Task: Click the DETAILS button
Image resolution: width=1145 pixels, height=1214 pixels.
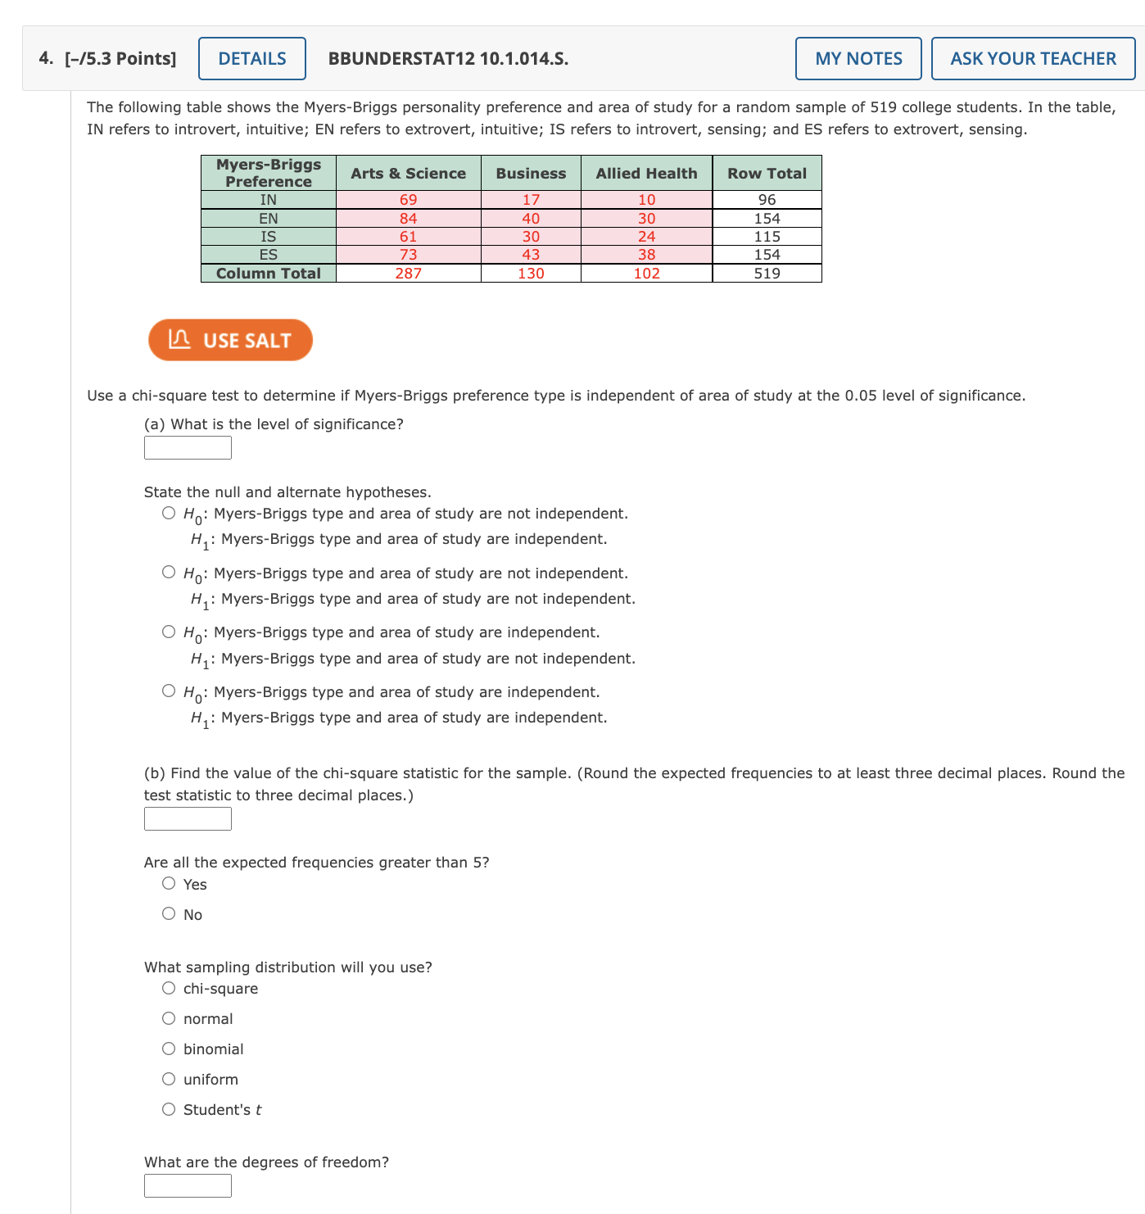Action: [x=252, y=59]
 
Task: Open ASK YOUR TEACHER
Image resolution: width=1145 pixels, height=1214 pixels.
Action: [x=1033, y=59]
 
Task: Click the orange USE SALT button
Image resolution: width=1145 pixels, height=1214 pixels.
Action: [x=230, y=340]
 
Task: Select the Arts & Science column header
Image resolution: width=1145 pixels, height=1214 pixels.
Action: [x=408, y=173]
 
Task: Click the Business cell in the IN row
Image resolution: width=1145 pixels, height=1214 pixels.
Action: [x=531, y=200]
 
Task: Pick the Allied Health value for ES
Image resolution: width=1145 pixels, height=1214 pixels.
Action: [x=646, y=255]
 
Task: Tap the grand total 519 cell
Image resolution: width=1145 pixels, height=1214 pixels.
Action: [x=767, y=274]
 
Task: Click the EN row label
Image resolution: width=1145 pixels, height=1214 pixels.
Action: [x=269, y=219]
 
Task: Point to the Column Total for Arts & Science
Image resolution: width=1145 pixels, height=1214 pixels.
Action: [x=408, y=274]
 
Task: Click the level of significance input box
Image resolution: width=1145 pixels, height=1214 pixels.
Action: [x=188, y=448]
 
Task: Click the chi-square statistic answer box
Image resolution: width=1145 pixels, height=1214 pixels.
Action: [x=188, y=819]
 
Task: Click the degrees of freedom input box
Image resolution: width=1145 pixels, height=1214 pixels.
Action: [x=188, y=1185]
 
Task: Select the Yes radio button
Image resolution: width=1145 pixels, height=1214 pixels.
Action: [x=169, y=883]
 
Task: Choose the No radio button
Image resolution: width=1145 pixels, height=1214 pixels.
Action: [x=169, y=913]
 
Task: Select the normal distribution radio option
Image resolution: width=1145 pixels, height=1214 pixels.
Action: [x=169, y=1018]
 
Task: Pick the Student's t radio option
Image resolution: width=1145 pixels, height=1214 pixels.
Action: [x=169, y=1109]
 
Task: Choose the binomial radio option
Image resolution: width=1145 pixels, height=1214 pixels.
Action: [x=169, y=1049]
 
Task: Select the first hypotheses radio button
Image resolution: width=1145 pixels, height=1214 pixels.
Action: [x=169, y=514]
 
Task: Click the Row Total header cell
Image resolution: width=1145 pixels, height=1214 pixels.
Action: [x=767, y=173]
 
